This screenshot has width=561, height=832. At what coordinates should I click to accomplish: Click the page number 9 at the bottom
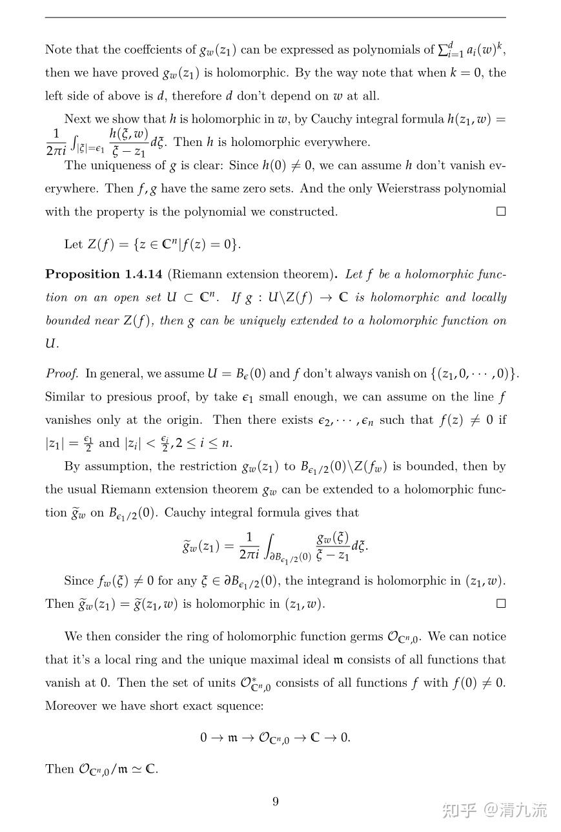pyautogui.click(x=276, y=802)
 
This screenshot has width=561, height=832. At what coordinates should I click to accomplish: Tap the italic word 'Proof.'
pyautogui.click(x=62, y=373)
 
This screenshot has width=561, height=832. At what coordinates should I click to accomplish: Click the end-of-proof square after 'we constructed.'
pyautogui.click(x=501, y=211)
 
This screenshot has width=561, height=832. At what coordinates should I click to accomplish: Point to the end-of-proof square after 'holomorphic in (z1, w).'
pyautogui.click(x=501, y=604)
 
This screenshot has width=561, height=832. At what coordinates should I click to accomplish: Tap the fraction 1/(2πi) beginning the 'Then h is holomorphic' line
pyautogui.click(x=56, y=142)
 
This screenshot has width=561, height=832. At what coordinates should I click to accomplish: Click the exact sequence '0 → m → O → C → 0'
pyautogui.click(x=275, y=738)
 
